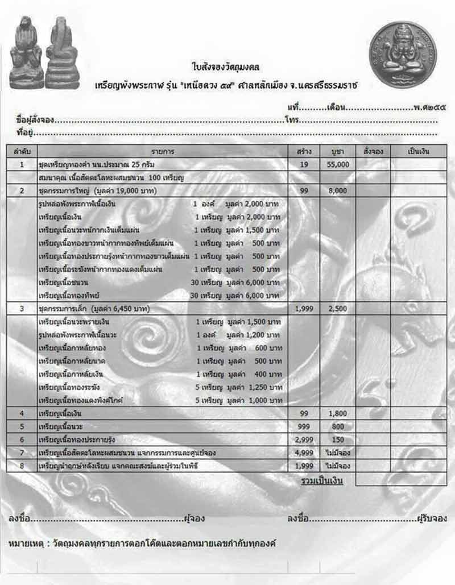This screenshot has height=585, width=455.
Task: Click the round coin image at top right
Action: click(x=403, y=55)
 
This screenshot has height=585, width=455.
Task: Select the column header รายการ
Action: click(x=163, y=152)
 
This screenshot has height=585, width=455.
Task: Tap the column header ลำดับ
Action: click(x=22, y=152)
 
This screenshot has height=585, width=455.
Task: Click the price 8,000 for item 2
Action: click(x=337, y=191)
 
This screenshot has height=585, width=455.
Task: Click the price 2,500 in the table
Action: click(x=337, y=309)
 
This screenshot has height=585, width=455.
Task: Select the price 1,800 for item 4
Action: click(x=337, y=413)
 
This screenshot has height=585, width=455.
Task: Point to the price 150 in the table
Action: click(x=337, y=439)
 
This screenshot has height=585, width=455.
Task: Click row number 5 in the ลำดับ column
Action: click(x=22, y=426)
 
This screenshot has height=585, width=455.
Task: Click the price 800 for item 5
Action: click(x=337, y=426)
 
